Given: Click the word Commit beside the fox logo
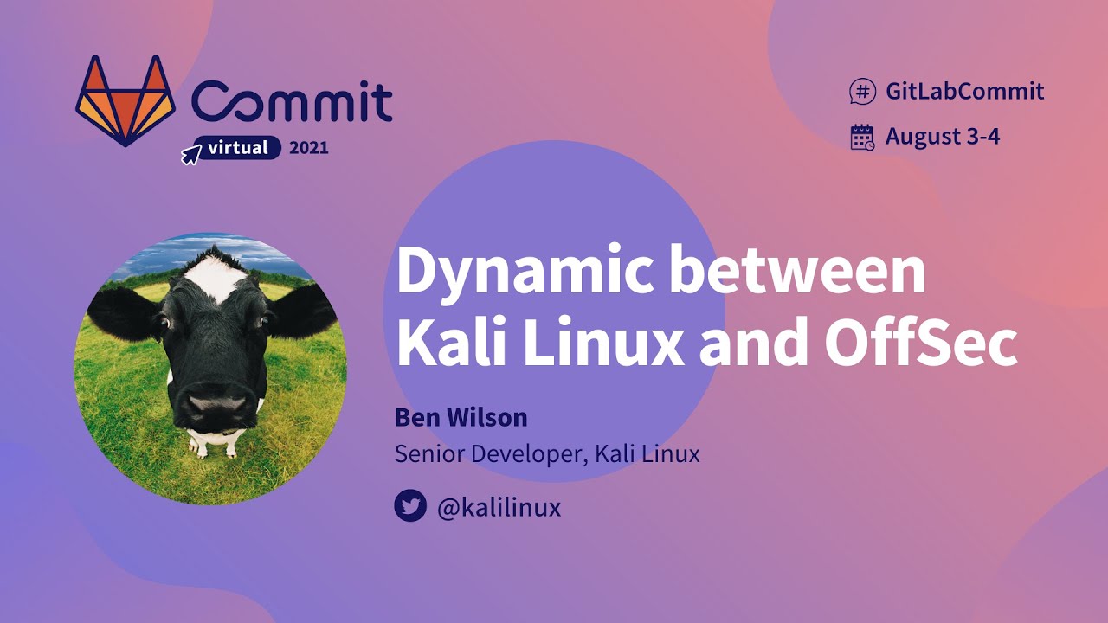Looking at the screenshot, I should coord(292,100).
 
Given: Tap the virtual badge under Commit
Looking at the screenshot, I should coord(238,148).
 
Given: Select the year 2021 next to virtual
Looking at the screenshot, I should coord(309,148).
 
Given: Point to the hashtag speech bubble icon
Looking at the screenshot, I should coord(862,91).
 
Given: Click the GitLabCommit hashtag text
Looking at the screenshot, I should coord(964,91).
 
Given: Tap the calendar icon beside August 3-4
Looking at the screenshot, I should coord(862,137).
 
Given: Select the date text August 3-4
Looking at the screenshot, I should coord(943,137).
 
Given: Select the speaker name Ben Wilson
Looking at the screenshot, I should coord(461,418).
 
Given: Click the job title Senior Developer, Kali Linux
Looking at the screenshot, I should coord(547,453).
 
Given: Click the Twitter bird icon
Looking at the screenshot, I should coord(410,506).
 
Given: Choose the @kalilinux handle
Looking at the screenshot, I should coord(499,507).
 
